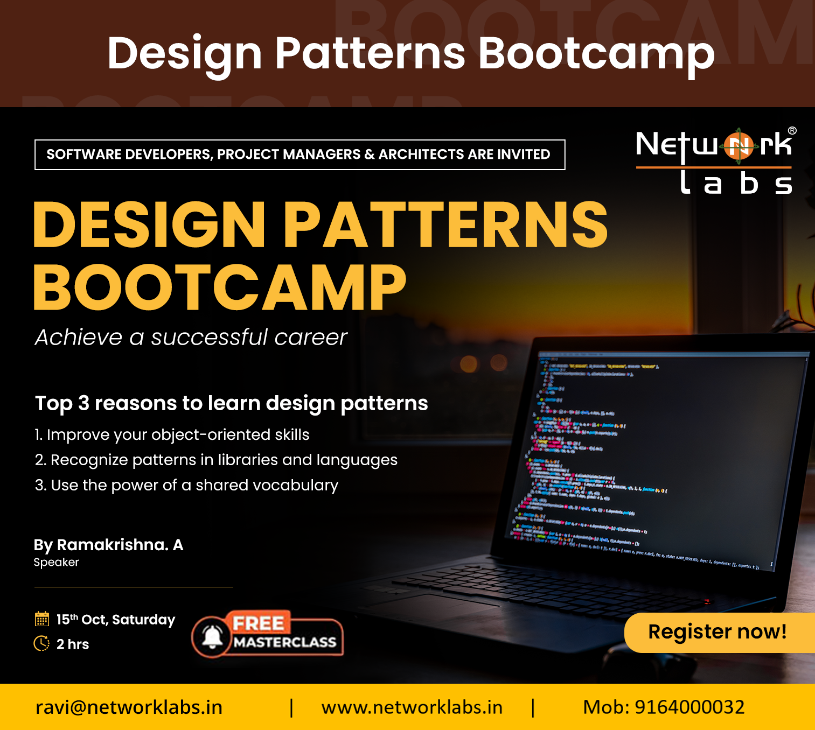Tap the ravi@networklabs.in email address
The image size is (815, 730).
[x=129, y=707]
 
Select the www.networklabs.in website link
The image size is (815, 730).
[x=412, y=707]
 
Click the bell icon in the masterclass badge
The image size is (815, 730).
[x=212, y=637]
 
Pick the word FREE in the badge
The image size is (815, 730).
[x=258, y=623]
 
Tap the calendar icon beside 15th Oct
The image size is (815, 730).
[x=41, y=619]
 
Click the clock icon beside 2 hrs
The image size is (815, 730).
[x=41, y=643]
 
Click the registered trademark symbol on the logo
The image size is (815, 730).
[x=792, y=130]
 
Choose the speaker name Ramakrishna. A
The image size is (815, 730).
[x=120, y=545]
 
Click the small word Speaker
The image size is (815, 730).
[x=56, y=562]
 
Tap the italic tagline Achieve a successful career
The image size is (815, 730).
[x=191, y=338]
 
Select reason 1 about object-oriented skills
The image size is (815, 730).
[x=172, y=434]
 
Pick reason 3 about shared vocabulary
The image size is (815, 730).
[x=186, y=485]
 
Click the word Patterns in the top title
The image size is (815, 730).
[x=370, y=53]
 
